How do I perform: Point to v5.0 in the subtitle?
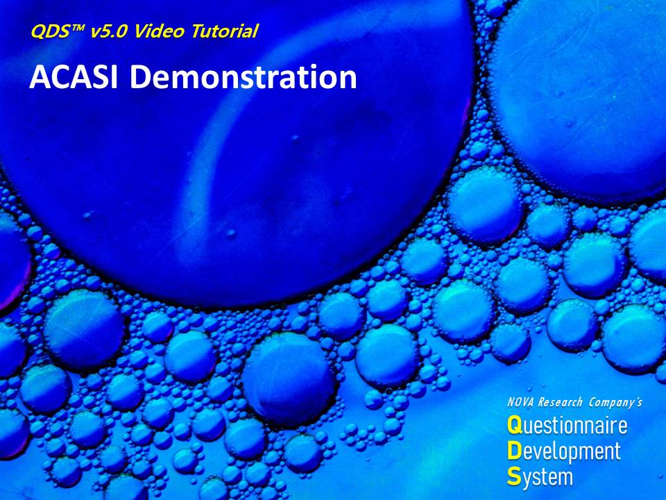pos(109,31)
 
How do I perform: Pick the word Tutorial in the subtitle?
pos(224,31)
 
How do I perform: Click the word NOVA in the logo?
pos(521,402)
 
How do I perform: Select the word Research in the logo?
pos(560,402)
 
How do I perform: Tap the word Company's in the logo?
pos(615,402)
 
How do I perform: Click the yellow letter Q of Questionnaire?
pos(514,425)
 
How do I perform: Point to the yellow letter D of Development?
pos(514,451)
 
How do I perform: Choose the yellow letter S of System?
pos(514,476)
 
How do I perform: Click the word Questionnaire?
pos(567,425)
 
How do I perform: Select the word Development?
pos(564,452)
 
